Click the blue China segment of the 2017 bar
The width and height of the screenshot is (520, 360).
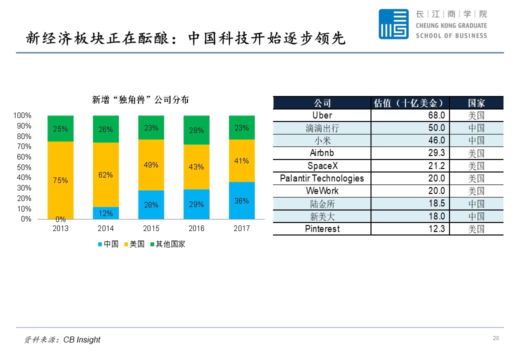pyautogui.click(x=241, y=200)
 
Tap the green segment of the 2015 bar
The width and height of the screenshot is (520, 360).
pyautogui.click(x=151, y=127)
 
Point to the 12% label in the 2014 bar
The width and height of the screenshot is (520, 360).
pyautogui.click(x=106, y=213)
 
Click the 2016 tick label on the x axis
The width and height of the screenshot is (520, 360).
pyautogui.click(x=196, y=228)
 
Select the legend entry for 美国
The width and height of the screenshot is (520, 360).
pyautogui.click(x=133, y=244)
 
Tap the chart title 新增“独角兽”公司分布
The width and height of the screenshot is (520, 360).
pyautogui.click(x=140, y=99)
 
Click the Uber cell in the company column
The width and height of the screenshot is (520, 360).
pyautogui.click(x=321, y=115)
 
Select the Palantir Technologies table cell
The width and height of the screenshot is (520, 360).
pyautogui.click(x=321, y=178)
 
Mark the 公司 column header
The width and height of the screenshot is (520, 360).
pyautogui.click(x=321, y=103)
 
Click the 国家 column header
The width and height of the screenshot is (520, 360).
pyautogui.click(x=476, y=103)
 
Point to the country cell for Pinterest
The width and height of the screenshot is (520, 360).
pyautogui.click(x=476, y=229)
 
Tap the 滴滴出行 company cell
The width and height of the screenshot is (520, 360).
pyautogui.click(x=321, y=128)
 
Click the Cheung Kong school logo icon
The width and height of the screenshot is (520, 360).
pyautogui.click(x=393, y=24)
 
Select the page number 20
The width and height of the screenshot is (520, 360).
pyautogui.click(x=495, y=338)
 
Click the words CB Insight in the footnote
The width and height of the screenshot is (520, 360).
pyautogui.click(x=81, y=340)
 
